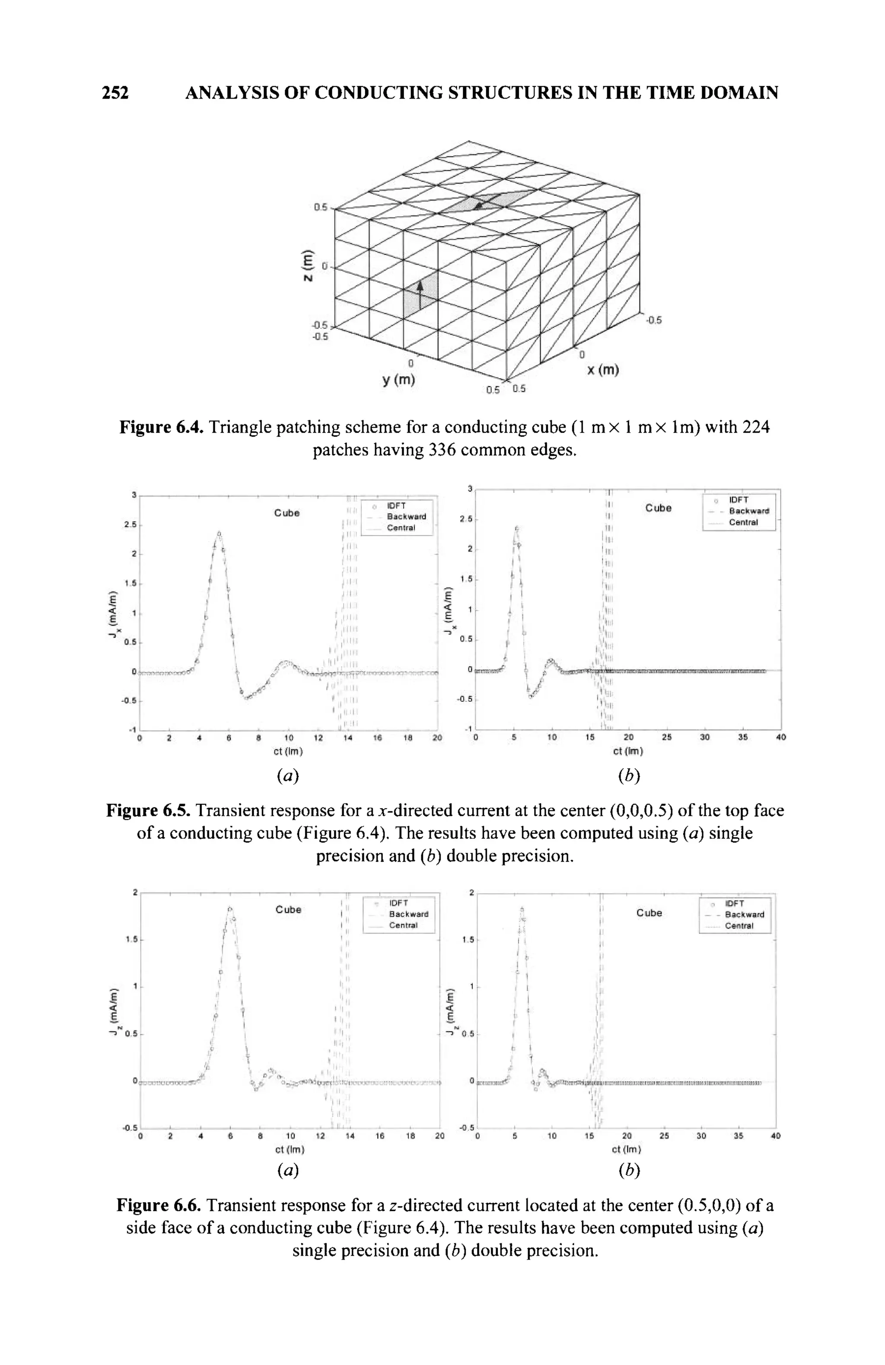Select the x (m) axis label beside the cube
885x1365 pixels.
pos(602,371)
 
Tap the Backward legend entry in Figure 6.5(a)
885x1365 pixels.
pos(406,516)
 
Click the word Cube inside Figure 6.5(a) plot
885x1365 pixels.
pos(287,513)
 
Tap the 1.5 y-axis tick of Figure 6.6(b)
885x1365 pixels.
pos(467,940)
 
